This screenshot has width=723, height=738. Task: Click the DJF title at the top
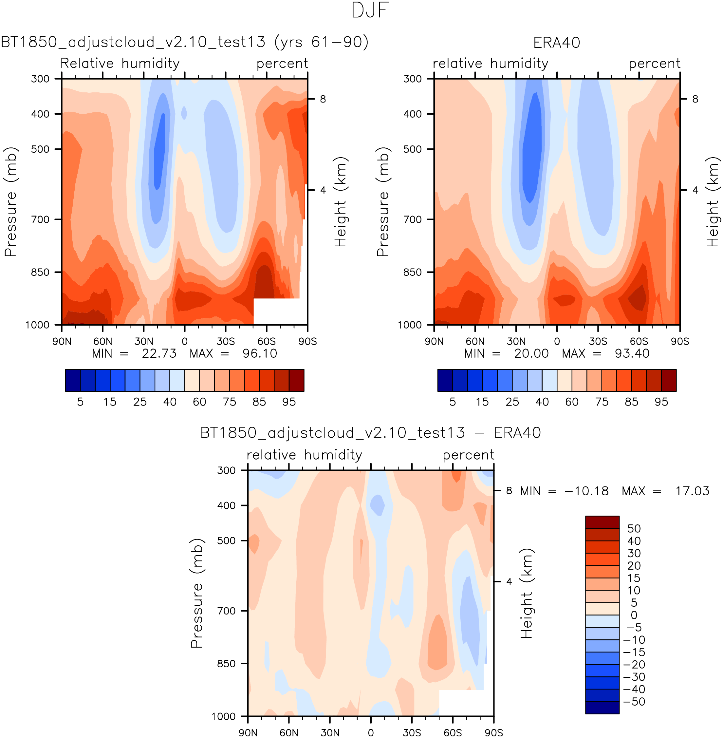point(370,10)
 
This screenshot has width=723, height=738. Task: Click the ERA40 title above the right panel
point(556,43)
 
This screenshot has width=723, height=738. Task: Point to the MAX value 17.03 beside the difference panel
point(692,491)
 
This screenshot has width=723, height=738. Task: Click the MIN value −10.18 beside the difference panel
point(586,491)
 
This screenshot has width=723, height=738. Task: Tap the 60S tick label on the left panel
point(267,341)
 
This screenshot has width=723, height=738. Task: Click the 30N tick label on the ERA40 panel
point(516,341)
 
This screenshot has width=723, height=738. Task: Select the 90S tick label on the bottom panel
point(494,732)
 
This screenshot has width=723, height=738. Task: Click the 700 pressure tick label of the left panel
point(40,219)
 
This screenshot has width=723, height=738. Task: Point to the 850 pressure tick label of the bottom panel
point(226,664)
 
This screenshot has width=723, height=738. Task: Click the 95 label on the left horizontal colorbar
point(289,402)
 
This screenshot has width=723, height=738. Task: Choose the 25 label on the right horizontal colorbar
point(512,402)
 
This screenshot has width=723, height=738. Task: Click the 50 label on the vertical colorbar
point(634,528)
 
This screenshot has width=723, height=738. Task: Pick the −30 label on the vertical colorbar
point(634,677)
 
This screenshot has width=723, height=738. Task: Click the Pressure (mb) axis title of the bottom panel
point(197,593)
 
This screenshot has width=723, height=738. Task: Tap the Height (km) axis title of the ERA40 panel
point(713,202)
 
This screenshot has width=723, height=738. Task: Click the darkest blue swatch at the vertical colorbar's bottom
point(602,707)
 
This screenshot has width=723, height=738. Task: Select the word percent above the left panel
point(282,64)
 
